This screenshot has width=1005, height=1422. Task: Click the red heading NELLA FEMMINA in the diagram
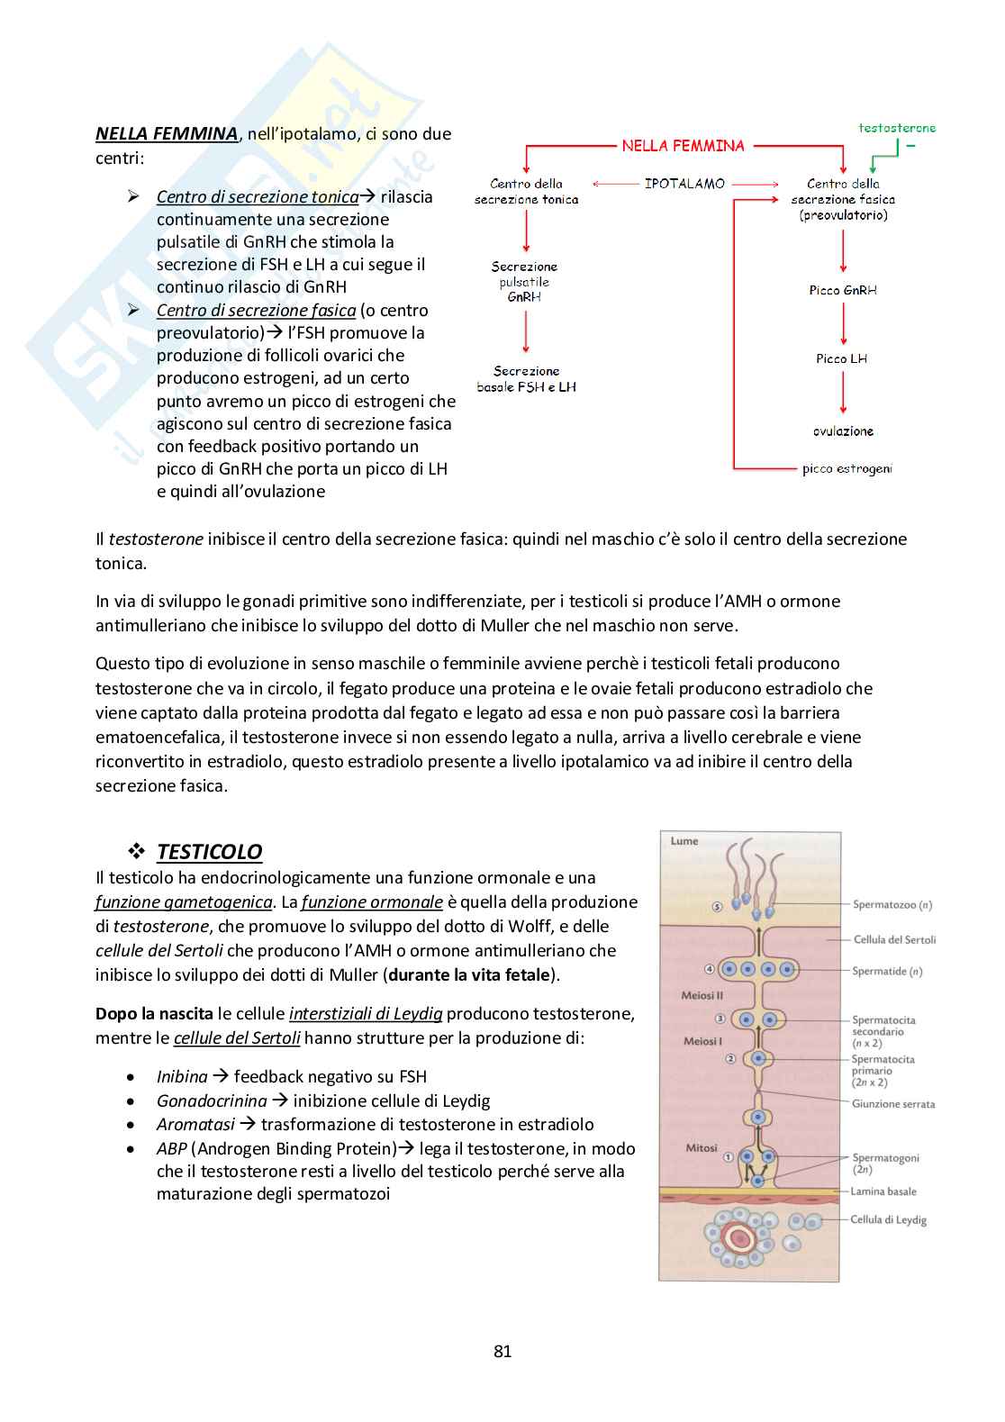click(x=683, y=146)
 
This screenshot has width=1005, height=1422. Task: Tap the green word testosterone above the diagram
click(x=896, y=128)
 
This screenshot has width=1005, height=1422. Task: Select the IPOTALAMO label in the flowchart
click(x=684, y=184)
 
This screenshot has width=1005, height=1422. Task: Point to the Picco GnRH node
click(x=842, y=290)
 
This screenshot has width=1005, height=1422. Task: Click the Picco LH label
click(x=841, y=358)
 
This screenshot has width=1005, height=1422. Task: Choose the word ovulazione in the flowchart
click(x=843, y=431)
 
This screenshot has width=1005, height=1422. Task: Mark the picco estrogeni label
click(x=847, y=468)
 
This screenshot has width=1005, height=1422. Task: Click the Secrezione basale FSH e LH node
click(x=526, y=379)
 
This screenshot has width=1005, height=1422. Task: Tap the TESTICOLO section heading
click(x=209, y=852)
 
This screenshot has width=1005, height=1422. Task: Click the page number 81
click(x=502, y=1351)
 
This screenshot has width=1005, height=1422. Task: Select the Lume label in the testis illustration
click(x=684, y=841)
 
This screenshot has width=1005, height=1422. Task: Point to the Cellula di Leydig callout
click(x=888, y=1219)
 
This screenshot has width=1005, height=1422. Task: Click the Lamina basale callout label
click(x=883, y=1191)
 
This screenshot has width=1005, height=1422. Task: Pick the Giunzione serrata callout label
click(x=893, y=1104)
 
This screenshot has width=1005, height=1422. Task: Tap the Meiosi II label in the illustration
click(x=702, y=996)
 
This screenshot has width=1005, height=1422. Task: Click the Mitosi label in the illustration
click(x=702, y=1148)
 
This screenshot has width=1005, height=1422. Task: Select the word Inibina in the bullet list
click(x=182, y=1076)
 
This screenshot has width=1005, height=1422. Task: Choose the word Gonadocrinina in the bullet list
click(x=212, y=1100)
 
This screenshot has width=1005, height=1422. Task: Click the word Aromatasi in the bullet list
click(x=195, y=1124)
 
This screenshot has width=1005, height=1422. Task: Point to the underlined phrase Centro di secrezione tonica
click(x=257, y=196)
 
